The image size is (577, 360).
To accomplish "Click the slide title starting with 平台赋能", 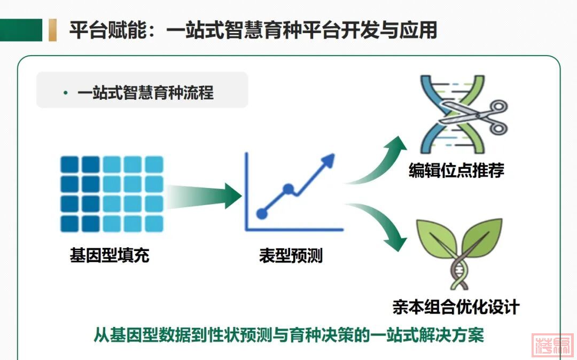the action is (253, 30).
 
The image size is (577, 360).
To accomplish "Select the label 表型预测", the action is (291, 255).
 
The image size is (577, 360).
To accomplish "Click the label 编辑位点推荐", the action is (456, 170).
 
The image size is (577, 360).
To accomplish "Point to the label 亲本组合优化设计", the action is (456, 307).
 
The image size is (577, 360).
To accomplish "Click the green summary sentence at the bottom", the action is (289, 334).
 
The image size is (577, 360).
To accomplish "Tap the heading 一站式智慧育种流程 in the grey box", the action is (145, 92).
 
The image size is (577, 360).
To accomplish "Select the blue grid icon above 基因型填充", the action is (112, 194).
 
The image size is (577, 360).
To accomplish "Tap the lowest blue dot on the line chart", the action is (262, 213).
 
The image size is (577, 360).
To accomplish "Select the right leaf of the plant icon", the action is (482, 237).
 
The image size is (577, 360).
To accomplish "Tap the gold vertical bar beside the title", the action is (52, 30).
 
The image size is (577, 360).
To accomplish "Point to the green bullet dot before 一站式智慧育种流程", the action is (66, 93).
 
